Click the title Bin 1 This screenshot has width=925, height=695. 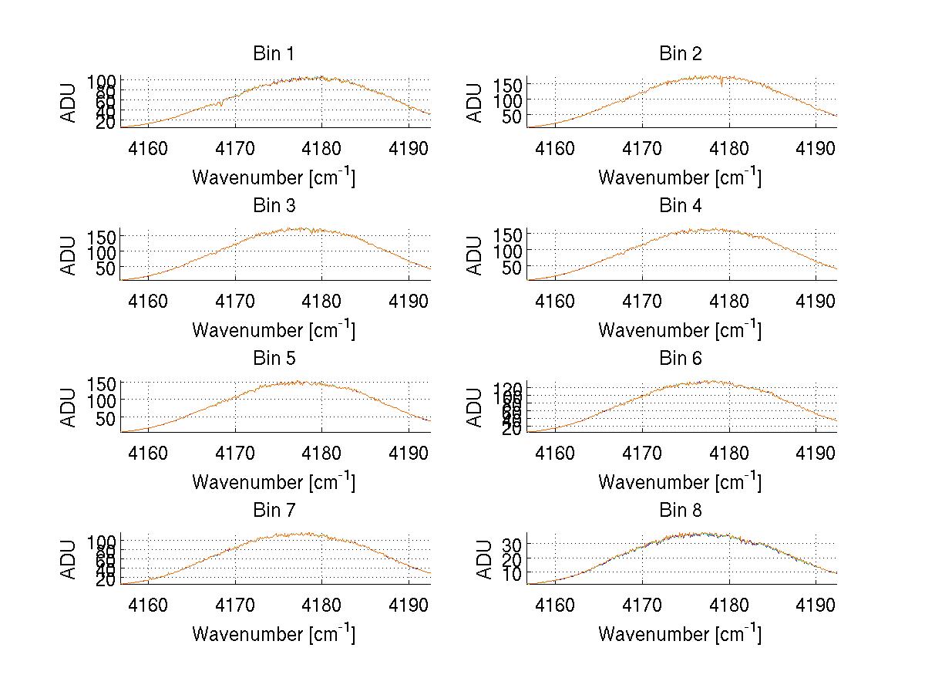coord(273,54)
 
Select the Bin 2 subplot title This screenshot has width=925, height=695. coord(680,54)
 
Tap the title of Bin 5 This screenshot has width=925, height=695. coord(273,359)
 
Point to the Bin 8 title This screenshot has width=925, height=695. coord(680,511)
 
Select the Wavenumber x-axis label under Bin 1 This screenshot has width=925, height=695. coord(273,177)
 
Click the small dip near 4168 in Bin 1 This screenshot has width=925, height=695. coord(220,105)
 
